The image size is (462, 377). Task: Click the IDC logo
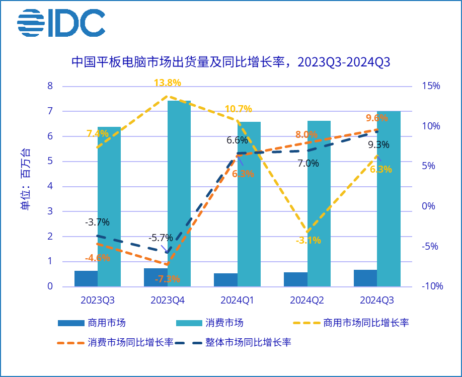point(61,23)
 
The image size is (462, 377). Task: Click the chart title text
point(231,62)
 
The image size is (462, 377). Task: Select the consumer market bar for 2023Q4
point(179,194)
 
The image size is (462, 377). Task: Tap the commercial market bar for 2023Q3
point(86,278)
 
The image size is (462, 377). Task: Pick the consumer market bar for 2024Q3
point(389,199)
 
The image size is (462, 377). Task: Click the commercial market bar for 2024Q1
point(225,280)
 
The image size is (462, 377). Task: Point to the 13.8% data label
point(168,83)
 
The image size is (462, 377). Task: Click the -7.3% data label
point(168,279)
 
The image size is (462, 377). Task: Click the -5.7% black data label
point(161,238)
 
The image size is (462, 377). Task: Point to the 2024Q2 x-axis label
point(307,300)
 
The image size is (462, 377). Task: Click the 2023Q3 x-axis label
point(98,300)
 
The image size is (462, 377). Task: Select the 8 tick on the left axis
point(50,86)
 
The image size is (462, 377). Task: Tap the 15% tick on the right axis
point(431,86)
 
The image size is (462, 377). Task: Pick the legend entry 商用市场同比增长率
point(366,323)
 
